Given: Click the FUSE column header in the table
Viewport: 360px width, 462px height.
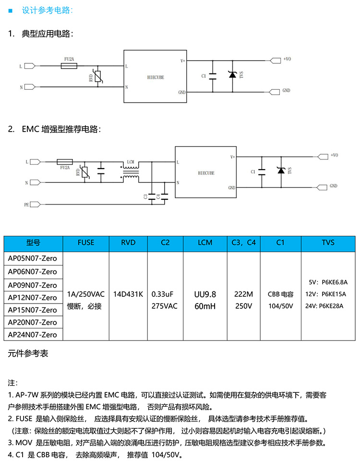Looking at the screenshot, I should [86, 243].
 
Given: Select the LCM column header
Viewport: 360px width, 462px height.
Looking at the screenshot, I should [205, 243].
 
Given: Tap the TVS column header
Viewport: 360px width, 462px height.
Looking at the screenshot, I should [328, 243].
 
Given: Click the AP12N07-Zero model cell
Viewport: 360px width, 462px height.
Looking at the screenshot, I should [33, 297].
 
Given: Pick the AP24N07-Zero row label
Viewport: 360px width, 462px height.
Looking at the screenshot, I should [33, 335].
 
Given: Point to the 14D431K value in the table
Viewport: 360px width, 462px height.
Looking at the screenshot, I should [128, 293].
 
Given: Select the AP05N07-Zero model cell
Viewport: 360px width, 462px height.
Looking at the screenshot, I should [33, 258].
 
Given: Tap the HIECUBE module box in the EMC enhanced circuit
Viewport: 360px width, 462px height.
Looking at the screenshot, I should [206, 172].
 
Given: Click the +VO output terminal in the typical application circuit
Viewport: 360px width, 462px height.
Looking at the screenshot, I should [276, 61].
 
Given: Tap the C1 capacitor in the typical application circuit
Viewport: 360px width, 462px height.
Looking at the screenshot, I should [214, 75].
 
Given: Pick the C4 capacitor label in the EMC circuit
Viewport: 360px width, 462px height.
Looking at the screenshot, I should [158, 196].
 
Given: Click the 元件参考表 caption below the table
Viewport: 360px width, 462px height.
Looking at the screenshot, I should [28, 354].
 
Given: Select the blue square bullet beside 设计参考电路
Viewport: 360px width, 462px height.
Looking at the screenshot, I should [11, 10].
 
